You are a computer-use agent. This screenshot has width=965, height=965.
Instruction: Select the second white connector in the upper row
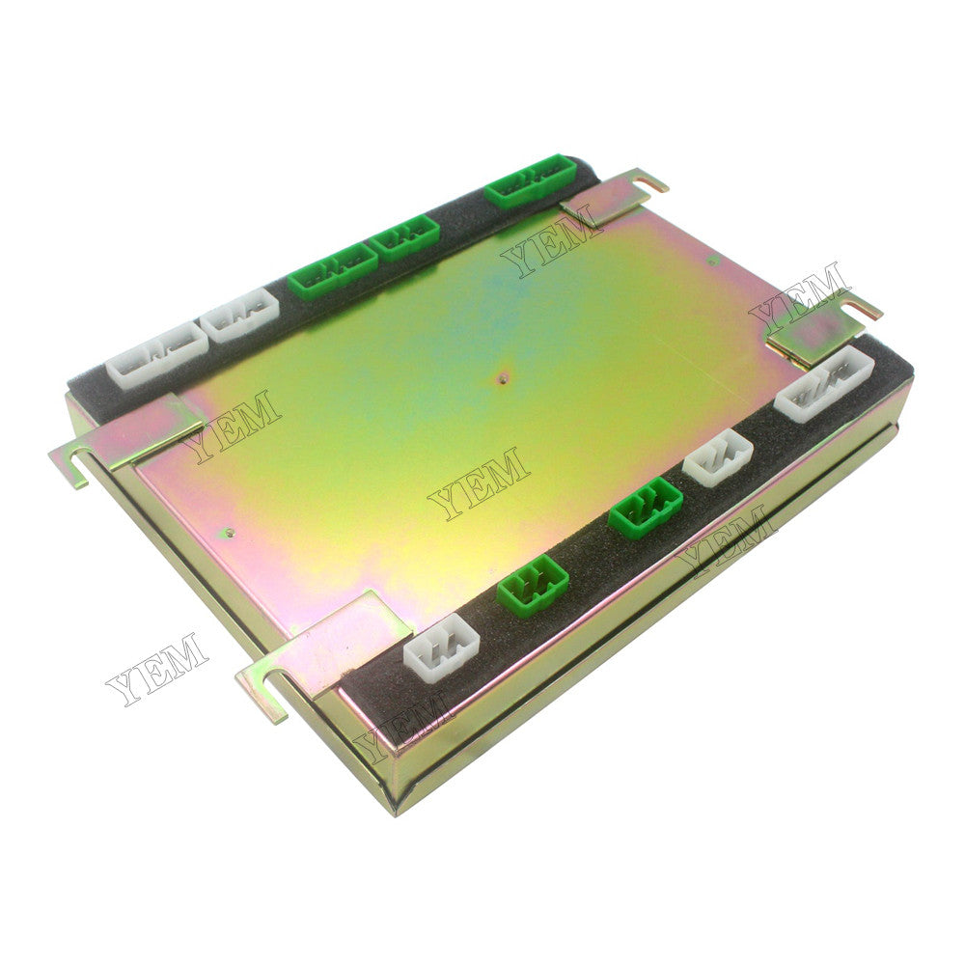[241, 315]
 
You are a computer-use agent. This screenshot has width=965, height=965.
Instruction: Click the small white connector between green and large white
[717, 456]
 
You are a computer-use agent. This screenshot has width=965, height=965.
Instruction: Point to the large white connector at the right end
[824, 384]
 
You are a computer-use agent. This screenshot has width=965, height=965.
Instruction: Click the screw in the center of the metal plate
[500, 379]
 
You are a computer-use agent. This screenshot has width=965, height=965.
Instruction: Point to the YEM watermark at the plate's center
[479, 483]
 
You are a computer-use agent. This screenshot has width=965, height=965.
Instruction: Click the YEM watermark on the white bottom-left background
[157, 670]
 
